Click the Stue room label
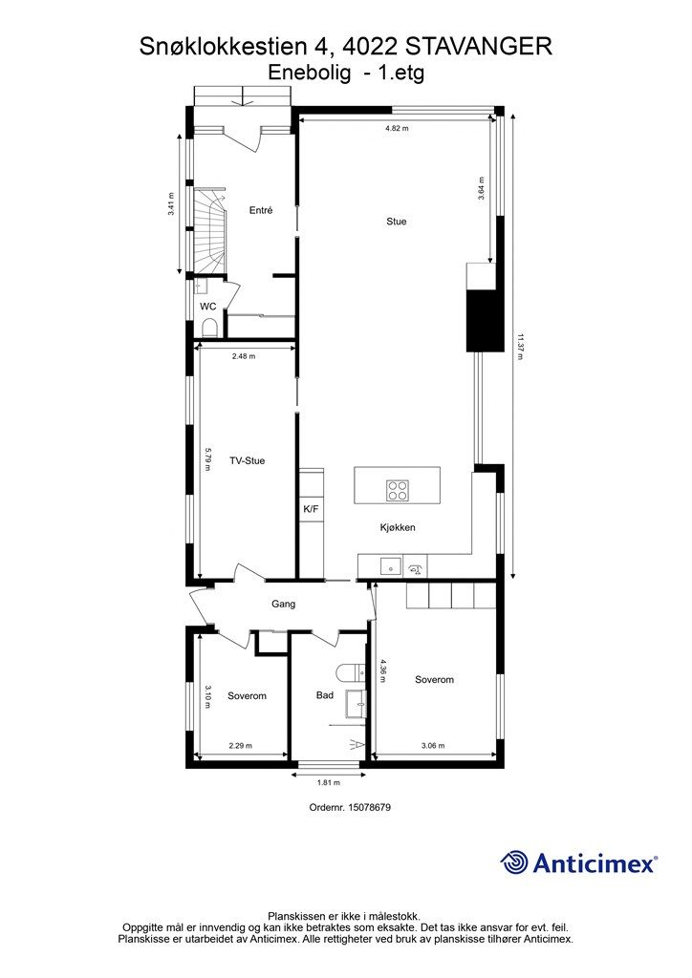click(x=397, y=222)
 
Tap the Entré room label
click(x=261, y=211)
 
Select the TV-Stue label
click(x=248, y=461)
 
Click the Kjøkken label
click(x=398, y=527)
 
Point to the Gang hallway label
click(x=283, y=604)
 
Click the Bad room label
click(x=324, y=695)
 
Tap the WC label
click(x=207, y=307)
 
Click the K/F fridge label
click(x=311, y=510)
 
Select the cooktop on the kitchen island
click(x=397, y=490)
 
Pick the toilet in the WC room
click(x=209, y=329)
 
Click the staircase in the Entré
click(x=209, y=231)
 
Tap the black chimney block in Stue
click(x=485, y=320)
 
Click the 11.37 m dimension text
click(x=519, y=346)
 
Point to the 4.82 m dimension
click(x=397, y=128)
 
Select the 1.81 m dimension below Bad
click(x=328, y=783)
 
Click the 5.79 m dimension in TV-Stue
click(x=209, y=459)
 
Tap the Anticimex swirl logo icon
click(x=514, y=862)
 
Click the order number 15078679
click(x=368, y=807)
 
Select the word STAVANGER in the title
click(x=479, y=47)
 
